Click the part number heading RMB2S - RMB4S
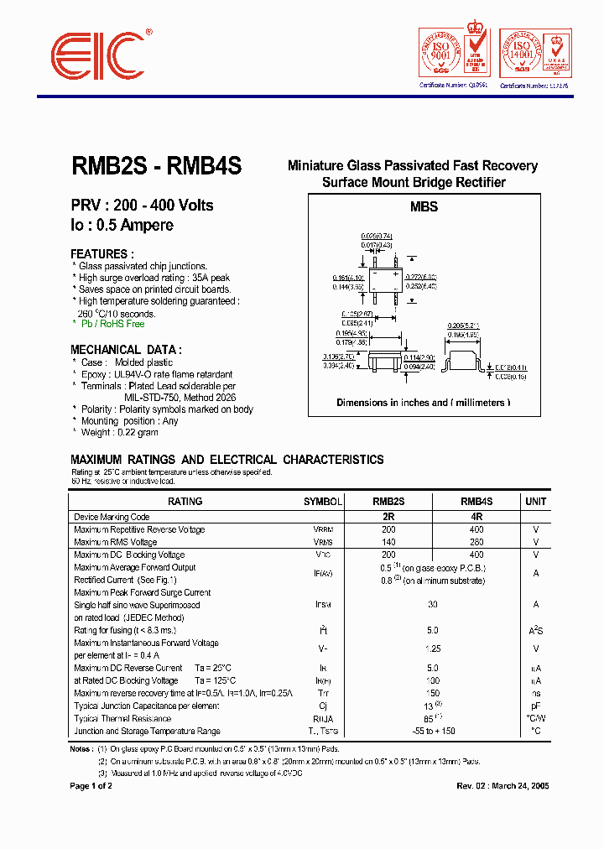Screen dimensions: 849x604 click(x=156, y=167)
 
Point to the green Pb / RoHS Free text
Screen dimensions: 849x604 click(x=112, y=324)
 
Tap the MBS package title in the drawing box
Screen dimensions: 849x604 click(x=424, y=206)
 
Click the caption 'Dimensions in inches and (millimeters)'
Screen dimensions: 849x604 click(x=424, y=403)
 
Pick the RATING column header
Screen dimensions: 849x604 click(x=185, y=502)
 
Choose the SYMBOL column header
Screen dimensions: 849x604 click(x=323, y=502)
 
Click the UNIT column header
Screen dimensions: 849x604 click(x=535, y=502)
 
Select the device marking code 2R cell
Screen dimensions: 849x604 click(x=388, y=517)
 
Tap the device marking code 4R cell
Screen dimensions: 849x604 click(x=476, y=517)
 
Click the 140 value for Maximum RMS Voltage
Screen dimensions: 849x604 click(x=388, y=542)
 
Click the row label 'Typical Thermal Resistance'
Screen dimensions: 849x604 click(x=122, y=719)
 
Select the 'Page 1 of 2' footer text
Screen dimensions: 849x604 click(x=91, y=786)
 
